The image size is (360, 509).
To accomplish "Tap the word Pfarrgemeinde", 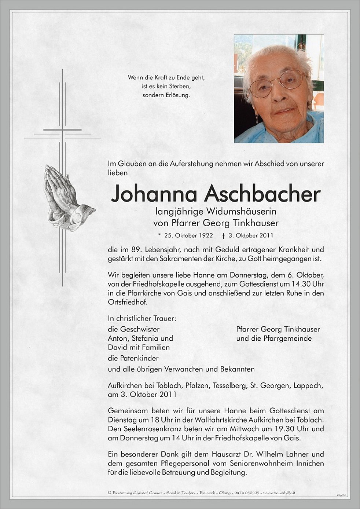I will [287, 338].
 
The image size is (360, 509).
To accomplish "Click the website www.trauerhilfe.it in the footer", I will [279, 492].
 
